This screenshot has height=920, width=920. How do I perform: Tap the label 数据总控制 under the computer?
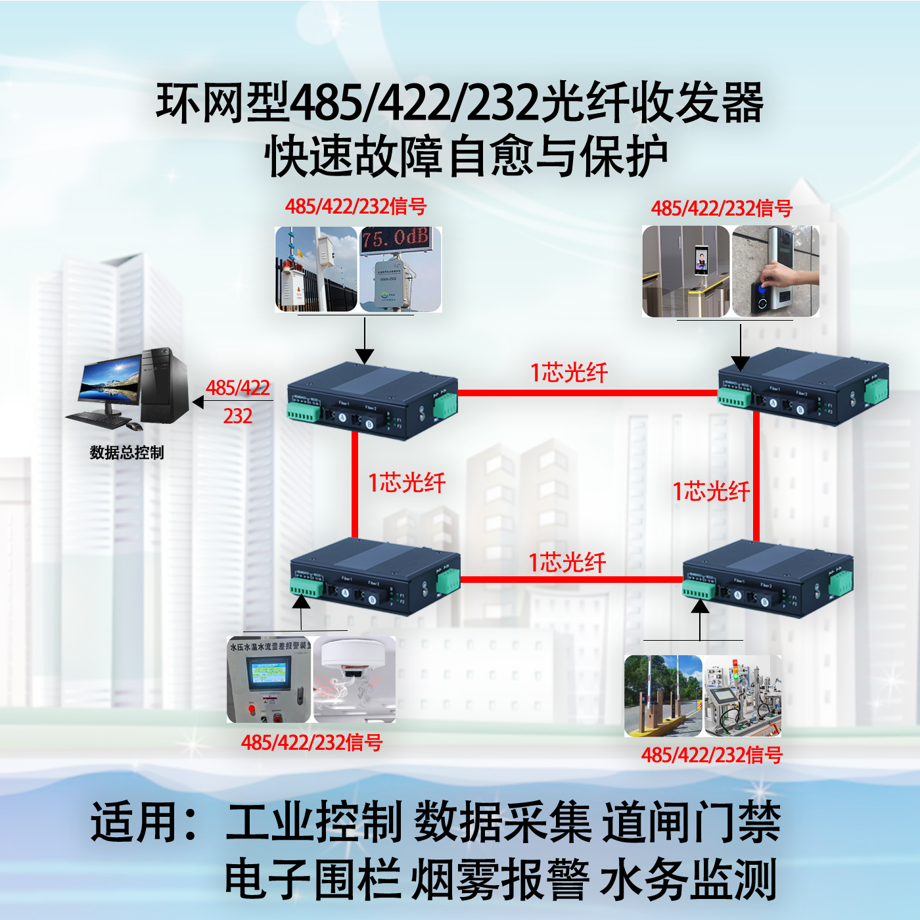[x=126, y=453]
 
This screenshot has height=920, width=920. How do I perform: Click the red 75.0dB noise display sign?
[x=396, y=239]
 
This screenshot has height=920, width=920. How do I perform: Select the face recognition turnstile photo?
[x=685, y=271]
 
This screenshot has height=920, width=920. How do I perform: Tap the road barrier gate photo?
[x=662, y=695]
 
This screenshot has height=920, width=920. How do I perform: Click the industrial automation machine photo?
[x=743, y=695]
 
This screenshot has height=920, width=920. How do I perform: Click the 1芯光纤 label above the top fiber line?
[x=569, y=373]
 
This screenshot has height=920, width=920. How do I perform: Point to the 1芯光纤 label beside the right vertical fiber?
[x=711, y=492]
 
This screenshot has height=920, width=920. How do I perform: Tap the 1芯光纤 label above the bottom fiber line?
[x=567, y=563]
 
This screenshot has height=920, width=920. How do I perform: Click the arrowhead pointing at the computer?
[x=197, y=402]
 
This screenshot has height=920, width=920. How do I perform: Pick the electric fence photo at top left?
[x=316, y=269]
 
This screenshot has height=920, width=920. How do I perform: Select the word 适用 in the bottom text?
[x=135, y=822]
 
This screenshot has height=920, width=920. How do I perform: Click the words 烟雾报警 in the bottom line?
[x=499, y=879]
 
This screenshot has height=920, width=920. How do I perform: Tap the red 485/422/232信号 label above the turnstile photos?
[x=722, y=209]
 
